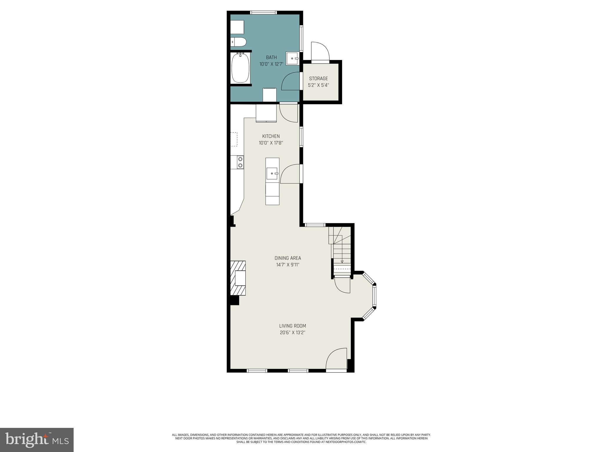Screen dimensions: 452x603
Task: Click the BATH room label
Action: pyautogui.click(x=271, y=57)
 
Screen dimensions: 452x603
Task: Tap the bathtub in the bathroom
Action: pyautogui.click(x=240, y=68)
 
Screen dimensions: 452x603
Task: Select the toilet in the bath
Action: pyautogui.click(x=239, y=42)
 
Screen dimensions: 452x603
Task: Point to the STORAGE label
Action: pyautogui.click(x=318, y=79)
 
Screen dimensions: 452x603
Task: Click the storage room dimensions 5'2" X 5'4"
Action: pyautogui.click(x=318, y=85)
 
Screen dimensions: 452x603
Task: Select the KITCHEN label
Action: pyautogui.click(x=271, y=136)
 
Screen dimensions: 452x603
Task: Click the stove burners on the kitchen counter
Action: pyautogui.click(x=240, y=162)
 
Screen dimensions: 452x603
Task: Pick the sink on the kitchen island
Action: pyautogui.click(x=272, y=173)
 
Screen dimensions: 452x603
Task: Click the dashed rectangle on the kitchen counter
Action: pyautogui.click(x=234, y=139)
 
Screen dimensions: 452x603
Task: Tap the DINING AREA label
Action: pyautogui.click(x=288, y=258)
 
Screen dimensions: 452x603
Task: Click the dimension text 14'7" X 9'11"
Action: pyautogui.click(x=288, y=265)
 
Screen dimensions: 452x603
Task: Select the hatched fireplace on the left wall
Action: pyautogui.click(x=238, y=278)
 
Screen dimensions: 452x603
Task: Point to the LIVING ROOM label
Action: pyautogui.click(x=292, y=326)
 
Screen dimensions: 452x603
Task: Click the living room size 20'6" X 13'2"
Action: pyautogui.click(x=292, y=333)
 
